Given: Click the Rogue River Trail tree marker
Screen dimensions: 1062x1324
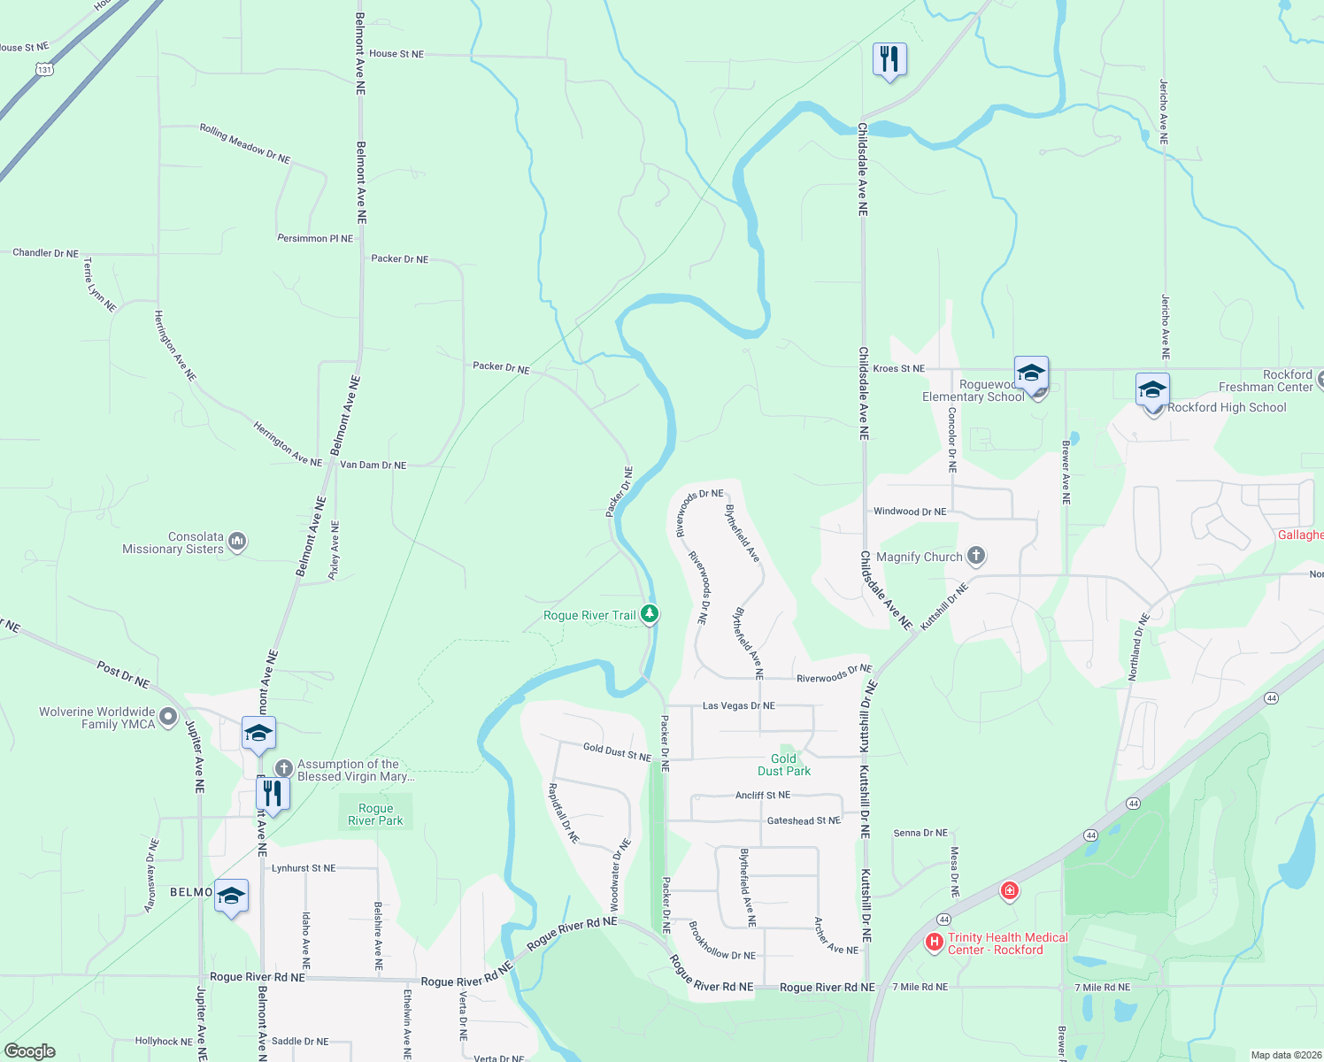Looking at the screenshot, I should (x=650, y=613).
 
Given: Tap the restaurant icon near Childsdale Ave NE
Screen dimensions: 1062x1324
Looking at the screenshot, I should (x=889, y=60).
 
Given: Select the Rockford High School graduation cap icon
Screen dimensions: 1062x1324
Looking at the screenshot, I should (x=1152, y=390).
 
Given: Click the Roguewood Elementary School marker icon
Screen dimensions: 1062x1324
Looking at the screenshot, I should (x=1032, y=373).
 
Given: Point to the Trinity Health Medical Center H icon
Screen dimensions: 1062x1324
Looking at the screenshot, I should (x=934, y=943).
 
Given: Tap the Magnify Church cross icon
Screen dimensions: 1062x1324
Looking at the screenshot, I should (x=976, y=556).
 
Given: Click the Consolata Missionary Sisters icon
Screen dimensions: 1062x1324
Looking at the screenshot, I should (x=236, y=541).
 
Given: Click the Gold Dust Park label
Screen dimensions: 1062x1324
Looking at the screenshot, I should (x=783, y=765).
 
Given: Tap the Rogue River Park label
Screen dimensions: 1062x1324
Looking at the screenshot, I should (x=375, y=814).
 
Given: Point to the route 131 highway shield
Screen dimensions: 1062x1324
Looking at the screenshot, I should (x=45, y=69).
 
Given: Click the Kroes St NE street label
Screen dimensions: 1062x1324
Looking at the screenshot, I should (x=898, y=368).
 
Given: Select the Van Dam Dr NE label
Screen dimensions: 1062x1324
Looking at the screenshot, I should (x=373, y=465).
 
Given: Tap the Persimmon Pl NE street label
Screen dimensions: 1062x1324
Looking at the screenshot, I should (x=315, y=239).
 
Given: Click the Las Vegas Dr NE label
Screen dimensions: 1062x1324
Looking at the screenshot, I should (x=738, y=705).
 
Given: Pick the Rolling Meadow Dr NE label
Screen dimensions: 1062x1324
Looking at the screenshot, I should (x=244, y=143).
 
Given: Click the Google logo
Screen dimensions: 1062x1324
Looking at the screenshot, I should (x=30, y=1050).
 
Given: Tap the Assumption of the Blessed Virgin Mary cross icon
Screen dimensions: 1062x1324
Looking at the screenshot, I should (x=283, y=768).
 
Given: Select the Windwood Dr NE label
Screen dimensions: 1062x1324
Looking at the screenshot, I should (x=909, y=512).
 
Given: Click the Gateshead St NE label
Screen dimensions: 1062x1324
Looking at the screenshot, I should (x=803, y=820).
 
